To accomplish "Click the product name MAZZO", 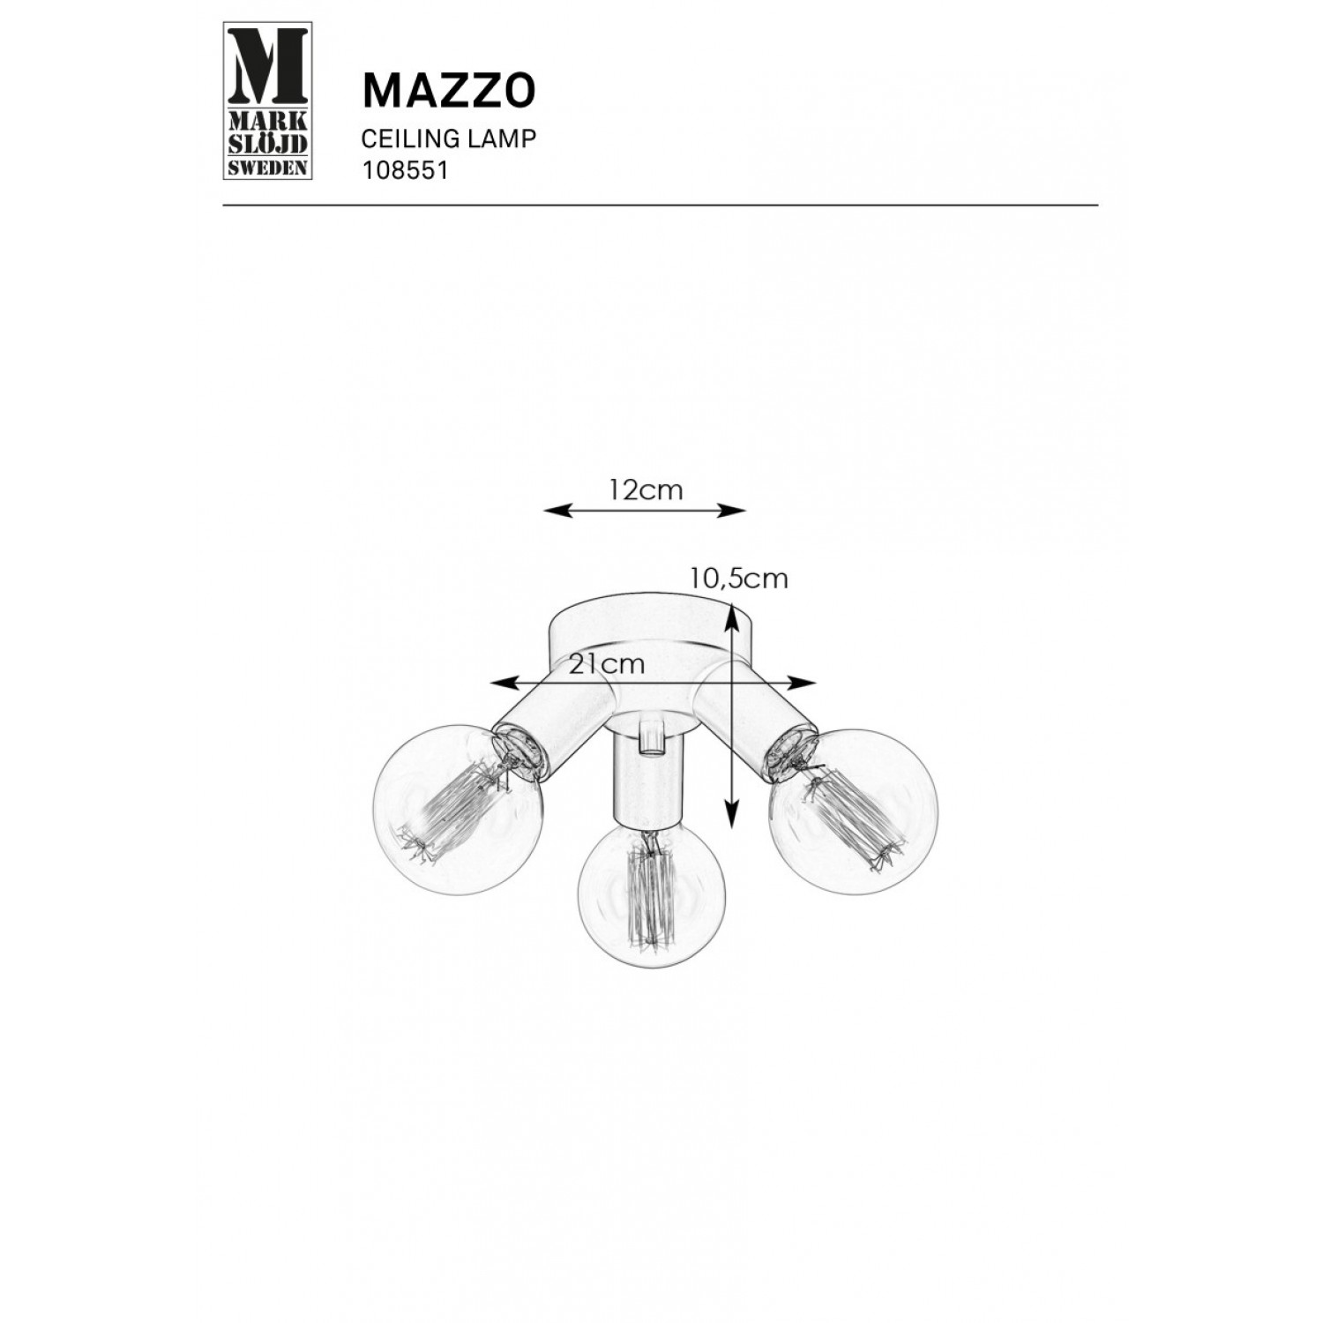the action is (x=449, y=89).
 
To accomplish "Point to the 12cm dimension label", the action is (x=646, y=490).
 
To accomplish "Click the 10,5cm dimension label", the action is (x=739, y=579).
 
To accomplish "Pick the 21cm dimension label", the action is (x=607, y=665).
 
